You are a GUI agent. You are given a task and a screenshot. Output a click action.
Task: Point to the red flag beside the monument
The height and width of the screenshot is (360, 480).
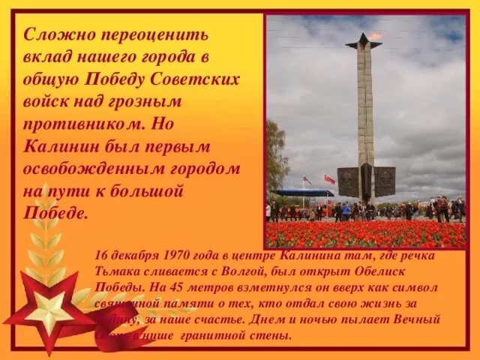tap(329, 180)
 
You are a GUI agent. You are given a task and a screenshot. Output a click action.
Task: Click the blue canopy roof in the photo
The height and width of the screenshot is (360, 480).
tap(303, 193)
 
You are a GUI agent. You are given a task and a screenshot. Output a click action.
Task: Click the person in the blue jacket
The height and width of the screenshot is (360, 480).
tap(346, 211)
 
